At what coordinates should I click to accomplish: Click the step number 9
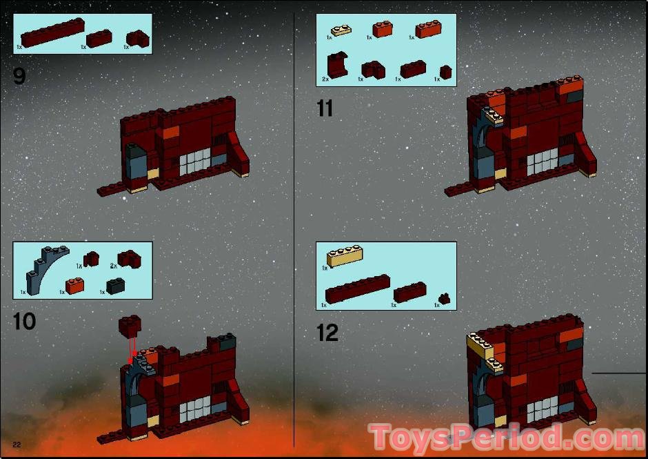click(19, 76)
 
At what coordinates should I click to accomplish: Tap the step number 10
click(24, 321)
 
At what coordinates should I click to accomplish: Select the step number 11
click(325, 108)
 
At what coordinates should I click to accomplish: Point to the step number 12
click(327, 333)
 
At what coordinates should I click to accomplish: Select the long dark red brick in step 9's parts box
click(52, 31)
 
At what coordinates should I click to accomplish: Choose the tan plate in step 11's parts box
click(342, 30)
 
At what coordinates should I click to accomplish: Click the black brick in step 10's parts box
click(115, 286)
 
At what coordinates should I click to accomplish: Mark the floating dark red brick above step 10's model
click(129, 324)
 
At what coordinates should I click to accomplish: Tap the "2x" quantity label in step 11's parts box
click(325, 79)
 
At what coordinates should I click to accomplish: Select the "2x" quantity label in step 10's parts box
click(113, 265)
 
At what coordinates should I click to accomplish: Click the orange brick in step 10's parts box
click(74, 285)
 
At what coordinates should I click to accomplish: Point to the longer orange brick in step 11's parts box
click(427, 30)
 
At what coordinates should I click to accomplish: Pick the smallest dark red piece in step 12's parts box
click(447, 298)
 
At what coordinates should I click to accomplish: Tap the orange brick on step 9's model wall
click(170, 133)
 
